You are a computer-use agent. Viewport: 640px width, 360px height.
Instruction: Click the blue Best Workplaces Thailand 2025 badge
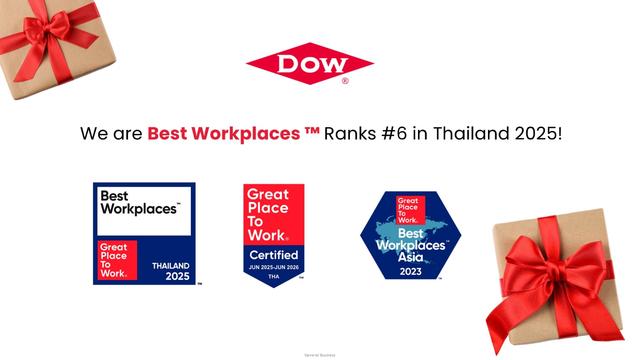pyautogui.click(x=144, y=233)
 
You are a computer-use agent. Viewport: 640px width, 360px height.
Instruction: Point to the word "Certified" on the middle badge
pyautogui.click(x=273, y=255)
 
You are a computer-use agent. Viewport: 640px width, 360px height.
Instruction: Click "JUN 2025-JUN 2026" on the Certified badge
pyautogui.click(x=273, y=269)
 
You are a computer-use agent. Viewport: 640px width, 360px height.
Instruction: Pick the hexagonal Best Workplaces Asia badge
pyautogui.click(x=410, y=235)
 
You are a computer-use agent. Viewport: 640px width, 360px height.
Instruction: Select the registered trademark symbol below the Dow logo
pyautogui.click(x=345, y=81)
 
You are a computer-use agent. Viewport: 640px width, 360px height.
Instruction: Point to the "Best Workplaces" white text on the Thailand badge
pyautogui.click(x=138, y=206)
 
